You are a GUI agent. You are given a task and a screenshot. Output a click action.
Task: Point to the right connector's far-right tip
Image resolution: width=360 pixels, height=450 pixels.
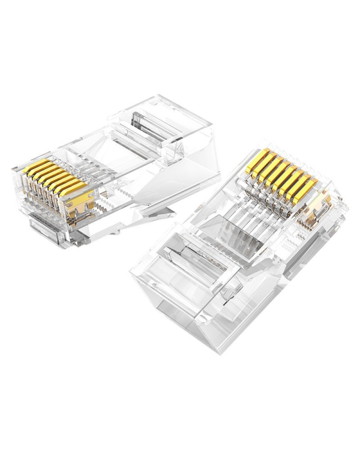pos(347,207)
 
